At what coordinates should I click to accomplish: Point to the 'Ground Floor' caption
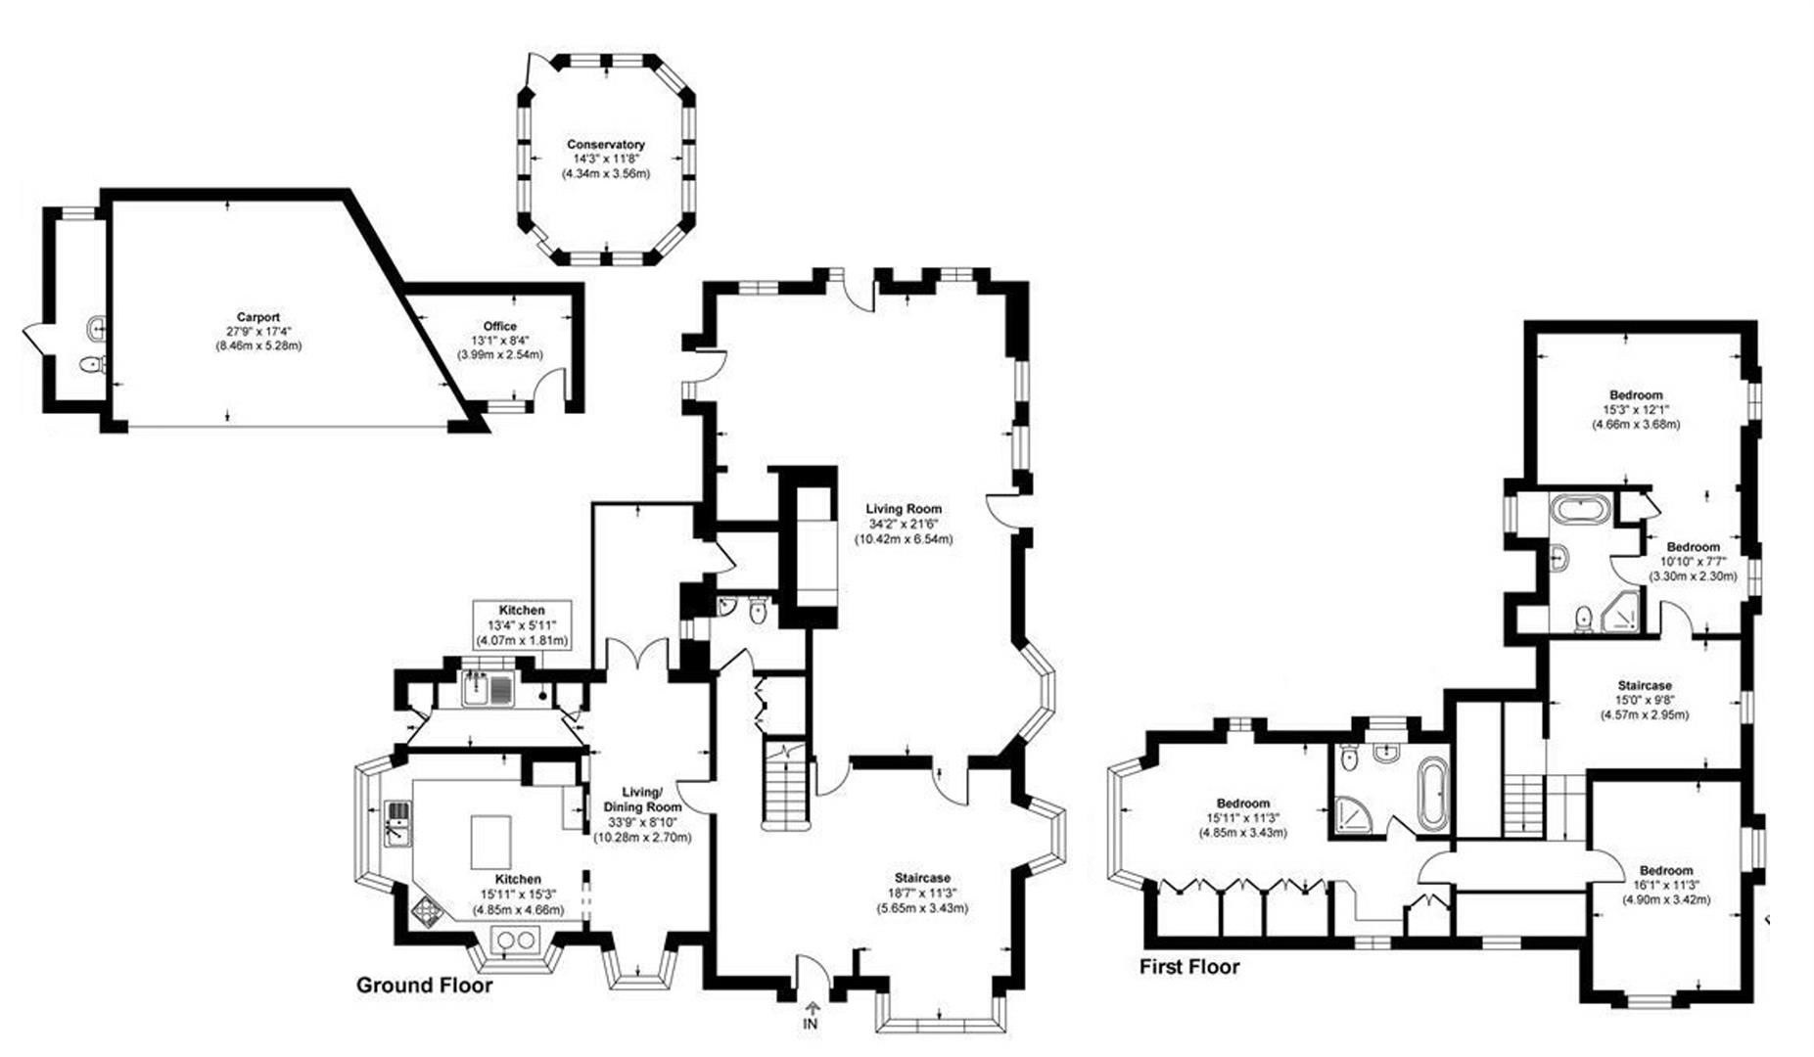(x=424, y=985)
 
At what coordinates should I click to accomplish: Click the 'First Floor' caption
(x=1189, y=967)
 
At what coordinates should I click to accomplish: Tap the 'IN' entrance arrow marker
(x=810, y=1016)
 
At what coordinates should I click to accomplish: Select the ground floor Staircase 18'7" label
(x=922, y=893)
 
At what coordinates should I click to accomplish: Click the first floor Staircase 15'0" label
(x=1644, y=700)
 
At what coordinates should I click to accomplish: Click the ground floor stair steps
(x=785, y=793)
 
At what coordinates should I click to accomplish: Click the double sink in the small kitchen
(x=488, y=690)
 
